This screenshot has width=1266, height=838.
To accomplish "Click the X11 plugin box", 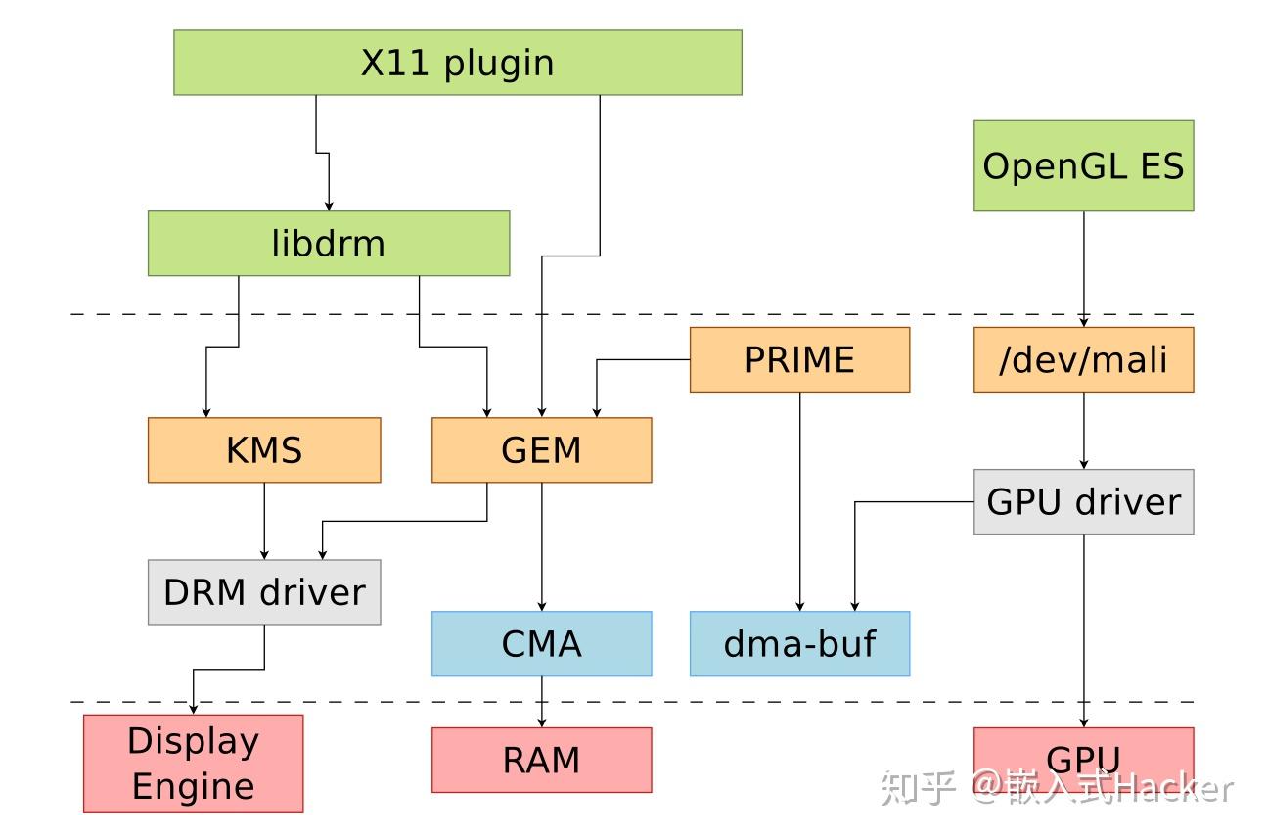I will pyautogui.click(x=457, y=63).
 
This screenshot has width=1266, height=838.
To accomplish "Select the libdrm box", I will pyautogui.click(x=329, y=243).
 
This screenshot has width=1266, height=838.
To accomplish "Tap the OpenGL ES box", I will pyautogui.click(x=1083, y=165).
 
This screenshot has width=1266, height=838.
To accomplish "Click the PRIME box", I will pyautogui.click(x=799, y=359).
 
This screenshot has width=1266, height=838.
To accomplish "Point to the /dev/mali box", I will pyautogui.click(x=1083, y=359).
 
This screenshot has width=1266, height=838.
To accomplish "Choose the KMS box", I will pyautogui.click(x=264, y=450).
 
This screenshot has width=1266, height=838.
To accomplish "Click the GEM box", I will pyautogui.click(x=541, y=450).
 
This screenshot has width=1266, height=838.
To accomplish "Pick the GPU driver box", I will pyautogui.click(x=1083, y=501).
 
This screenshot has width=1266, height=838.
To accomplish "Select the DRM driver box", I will pyautogui.click(x=264, y=592).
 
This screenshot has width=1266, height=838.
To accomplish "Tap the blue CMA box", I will pyautogui.click(x=541, y=643).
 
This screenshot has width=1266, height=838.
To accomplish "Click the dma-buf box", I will pyautogui.click(x=799, y=643).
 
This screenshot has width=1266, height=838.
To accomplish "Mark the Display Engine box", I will pyautogui.click(x=193, y=764).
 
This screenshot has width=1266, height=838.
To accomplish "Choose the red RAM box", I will pyautogui.click(x=541, y=760).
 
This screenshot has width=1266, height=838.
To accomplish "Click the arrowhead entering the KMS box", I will pyautogui.click(x=206, y=412).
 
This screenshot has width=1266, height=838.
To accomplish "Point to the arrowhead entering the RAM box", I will pyautogui.click(x=542, y=722).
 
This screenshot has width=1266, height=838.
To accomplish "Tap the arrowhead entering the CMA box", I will pyautogui.click(x=542, y=606).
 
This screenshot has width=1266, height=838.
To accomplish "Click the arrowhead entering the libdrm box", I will pyautogui.click(x=329, y=205).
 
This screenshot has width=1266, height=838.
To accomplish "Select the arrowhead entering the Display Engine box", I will pyautogui.click(x=193, y=709).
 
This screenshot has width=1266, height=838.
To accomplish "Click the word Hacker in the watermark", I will pyautogui.click(x=1174, y=786).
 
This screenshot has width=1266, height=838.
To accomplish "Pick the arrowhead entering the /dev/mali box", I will pyautogui.click(x=1083, y=321).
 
